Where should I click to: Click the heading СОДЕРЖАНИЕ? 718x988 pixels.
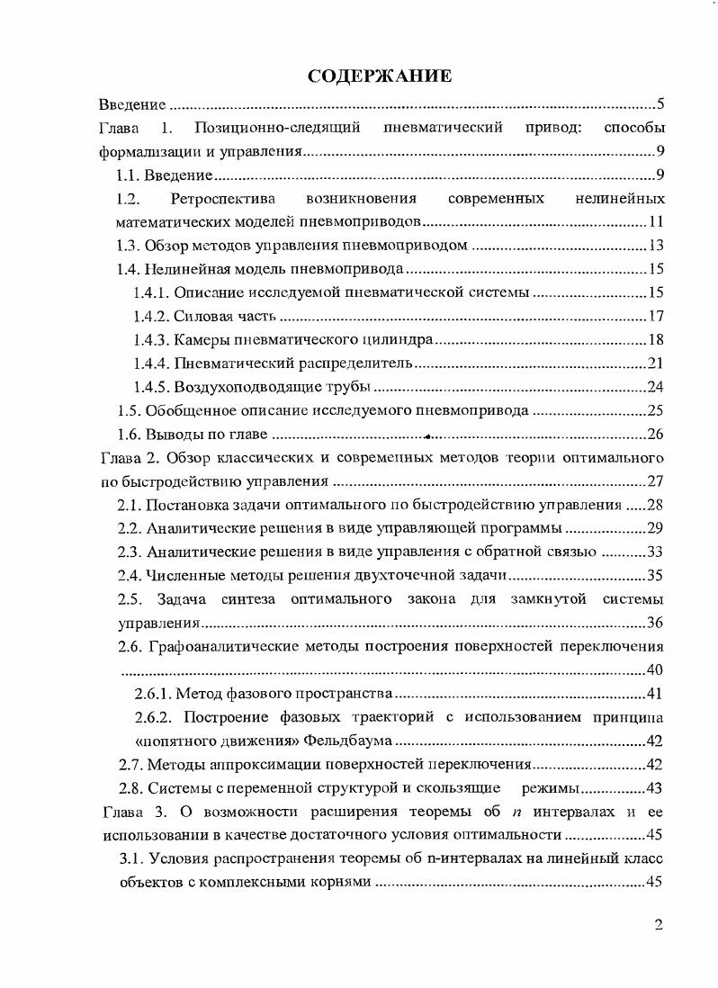click(379, 76)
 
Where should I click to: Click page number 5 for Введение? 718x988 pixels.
click(660, 103)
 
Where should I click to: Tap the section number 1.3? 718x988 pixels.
click(131, 246)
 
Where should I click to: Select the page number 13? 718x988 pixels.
click(656, 246)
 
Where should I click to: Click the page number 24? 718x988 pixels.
click(656, 387)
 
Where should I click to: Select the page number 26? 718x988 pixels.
click(656, 435)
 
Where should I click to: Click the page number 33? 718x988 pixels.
click(656, 552)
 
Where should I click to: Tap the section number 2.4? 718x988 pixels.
click(131, 575)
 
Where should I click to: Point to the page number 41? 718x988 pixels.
click(656, 694)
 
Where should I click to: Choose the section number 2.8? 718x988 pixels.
click(131, 789)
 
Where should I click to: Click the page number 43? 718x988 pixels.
click(656, 789)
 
